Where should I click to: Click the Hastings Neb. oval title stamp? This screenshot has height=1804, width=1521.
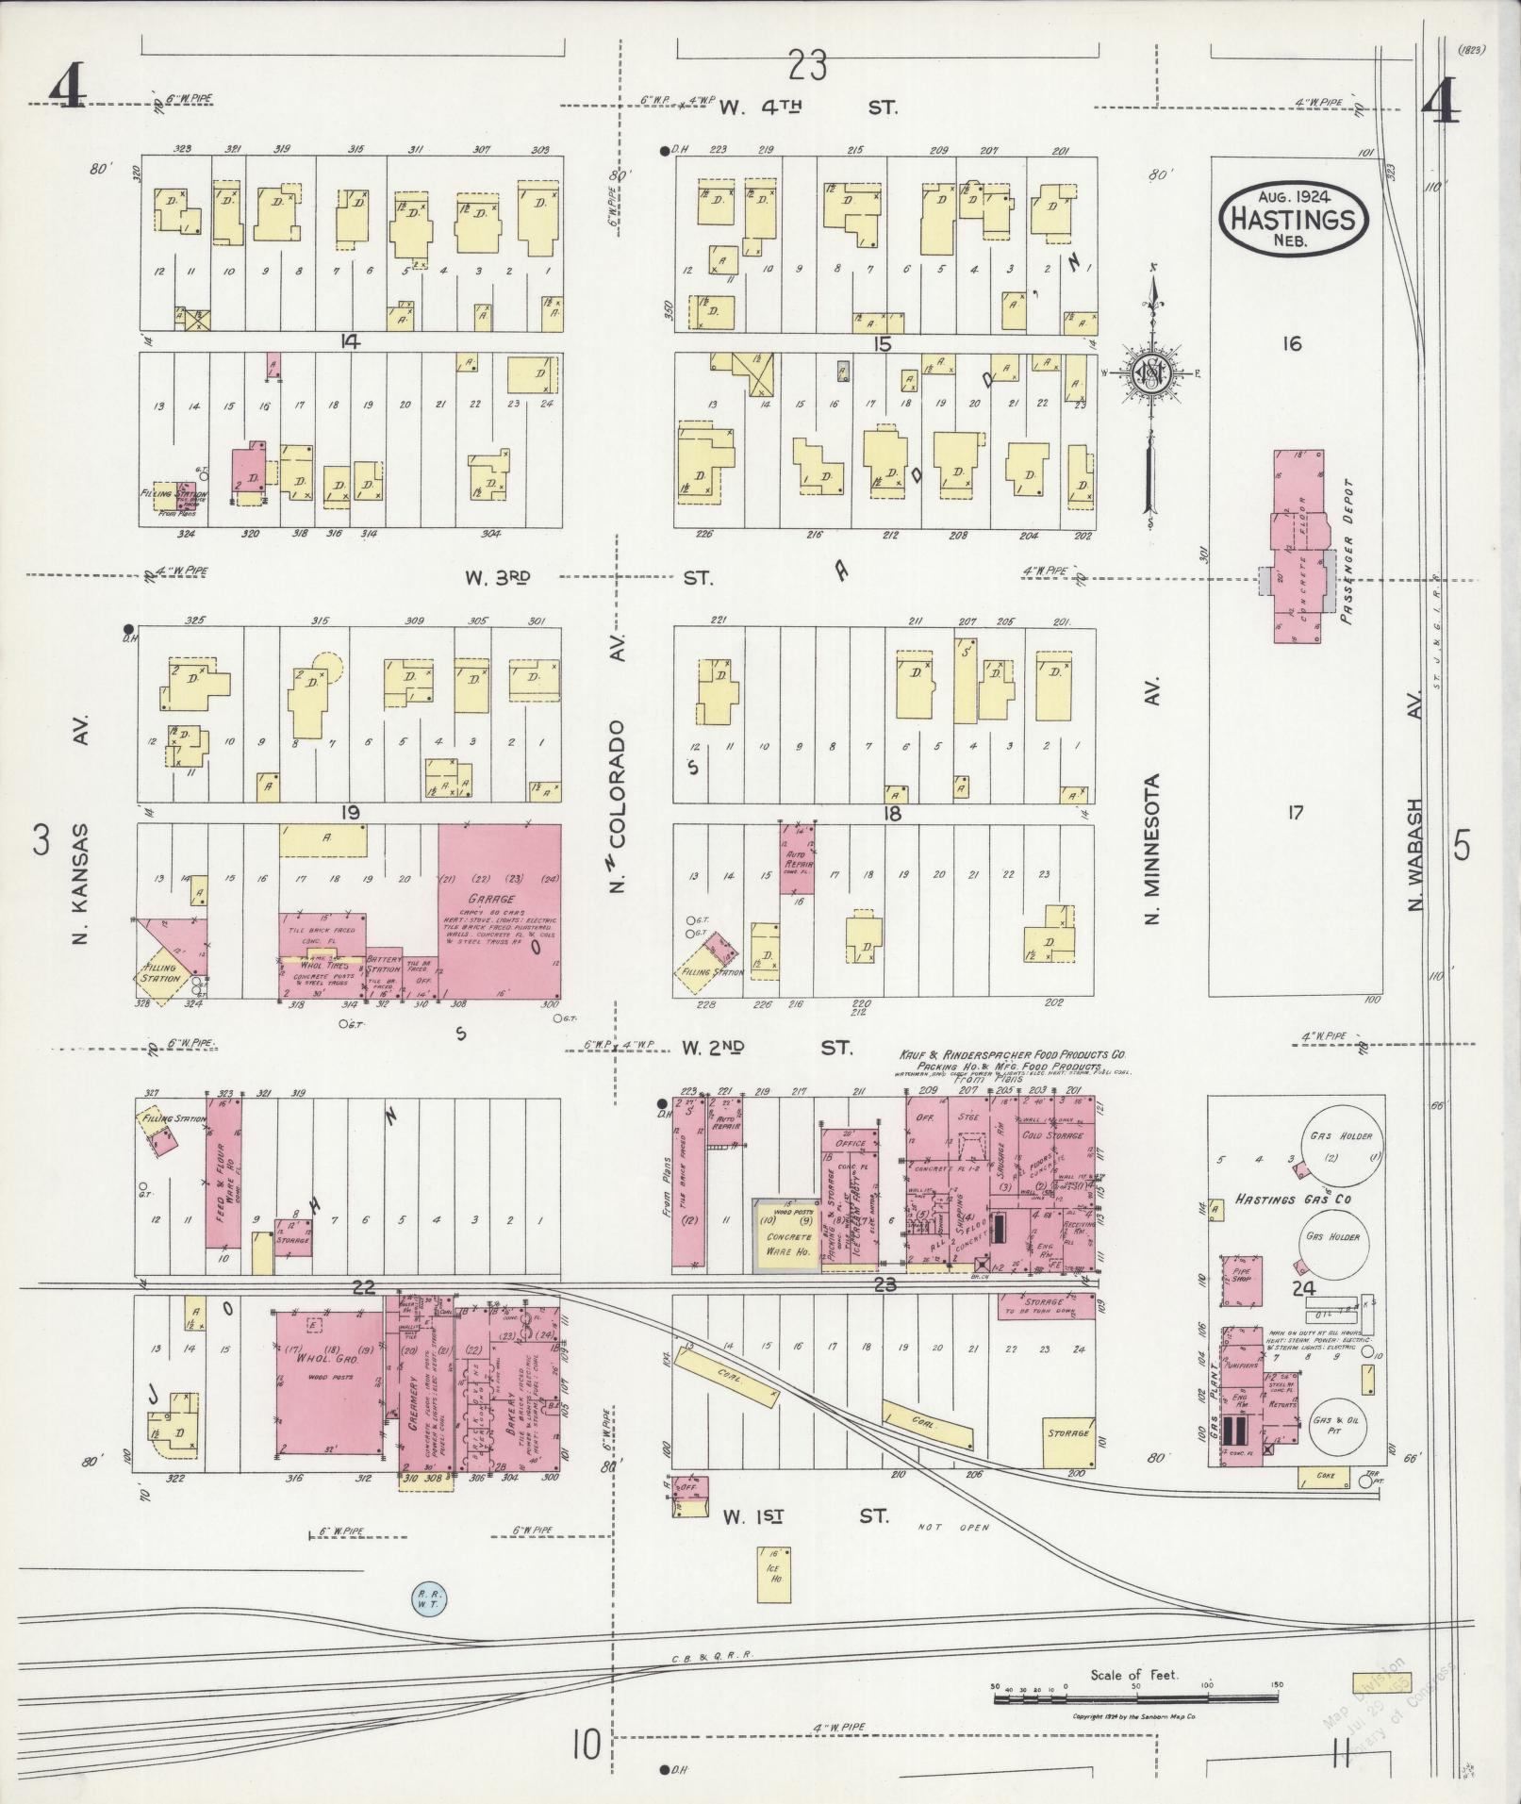click(1294, 219)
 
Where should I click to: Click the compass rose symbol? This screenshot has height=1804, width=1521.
click(1151, 372)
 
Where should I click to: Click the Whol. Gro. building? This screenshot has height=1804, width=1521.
click(329, 1382)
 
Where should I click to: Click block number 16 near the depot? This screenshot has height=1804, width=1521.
click(1291, 344)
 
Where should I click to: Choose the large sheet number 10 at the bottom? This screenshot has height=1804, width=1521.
click(585, 1746)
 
